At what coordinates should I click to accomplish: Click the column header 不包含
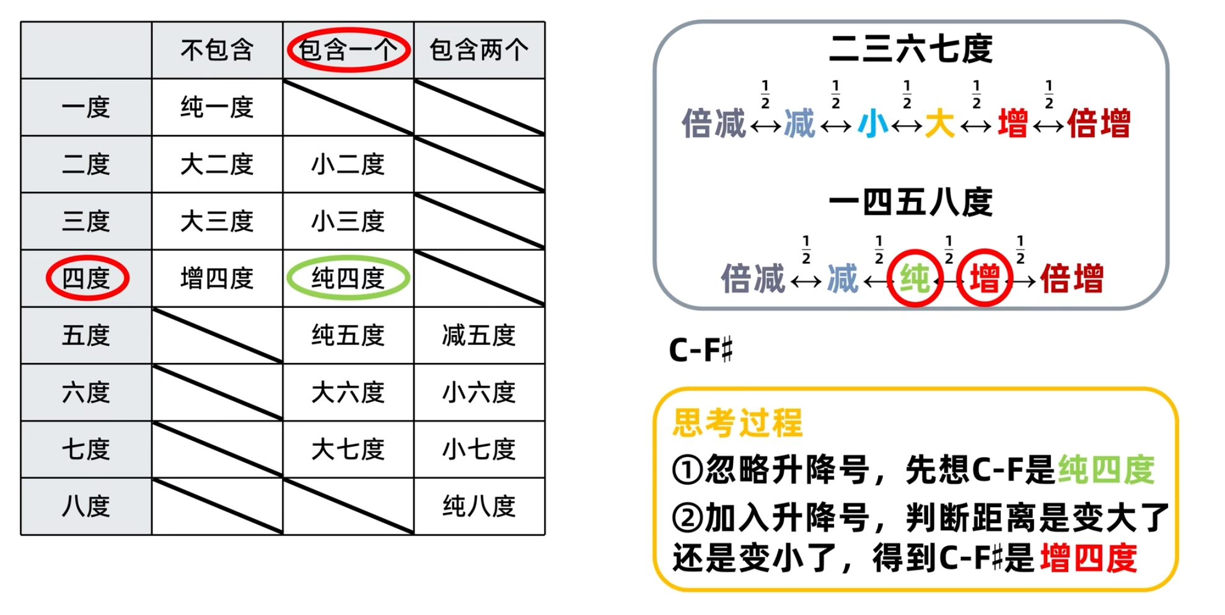217,50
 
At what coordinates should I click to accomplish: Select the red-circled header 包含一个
348,50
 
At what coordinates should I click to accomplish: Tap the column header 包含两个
479,50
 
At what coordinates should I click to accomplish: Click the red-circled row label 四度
87,278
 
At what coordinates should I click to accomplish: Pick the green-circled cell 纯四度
348,278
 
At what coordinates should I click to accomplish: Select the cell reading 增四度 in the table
217,278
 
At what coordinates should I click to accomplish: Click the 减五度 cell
479,336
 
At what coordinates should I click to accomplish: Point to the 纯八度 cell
479,507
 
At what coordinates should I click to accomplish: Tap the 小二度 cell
348,164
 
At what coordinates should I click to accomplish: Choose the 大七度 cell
348,450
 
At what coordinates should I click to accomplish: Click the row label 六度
86,393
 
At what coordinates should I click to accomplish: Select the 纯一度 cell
217,107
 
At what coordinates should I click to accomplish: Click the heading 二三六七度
911,50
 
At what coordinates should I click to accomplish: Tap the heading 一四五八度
911,203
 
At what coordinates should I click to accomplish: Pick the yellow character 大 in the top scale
939,123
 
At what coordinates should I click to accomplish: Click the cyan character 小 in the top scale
872,123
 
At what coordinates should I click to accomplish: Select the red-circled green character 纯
915,278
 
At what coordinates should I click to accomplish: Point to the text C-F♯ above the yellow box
701,351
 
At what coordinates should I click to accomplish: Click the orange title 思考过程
737,423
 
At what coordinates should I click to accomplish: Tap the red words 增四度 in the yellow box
1088,558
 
